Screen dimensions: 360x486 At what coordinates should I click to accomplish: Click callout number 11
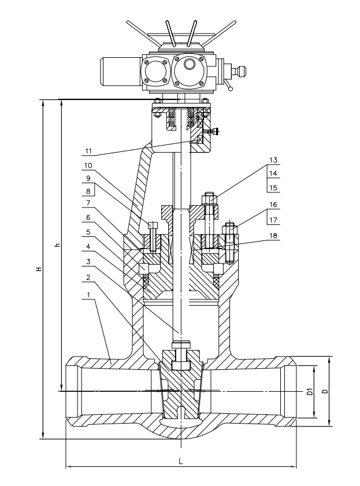click(88, 151)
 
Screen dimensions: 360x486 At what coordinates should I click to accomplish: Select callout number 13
click(273, 160)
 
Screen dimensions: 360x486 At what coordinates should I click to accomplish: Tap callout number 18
click(273, 236)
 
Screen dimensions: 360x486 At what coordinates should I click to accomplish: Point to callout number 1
click(88, 295)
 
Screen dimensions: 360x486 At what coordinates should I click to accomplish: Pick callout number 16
click(273, 205)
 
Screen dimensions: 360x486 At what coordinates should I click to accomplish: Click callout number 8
click(88, 191)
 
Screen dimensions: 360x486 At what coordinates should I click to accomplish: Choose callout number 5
click(88, 232)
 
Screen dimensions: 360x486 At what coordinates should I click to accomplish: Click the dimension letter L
click(181, 461)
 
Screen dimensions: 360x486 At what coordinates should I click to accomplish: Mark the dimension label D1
click(309, 391)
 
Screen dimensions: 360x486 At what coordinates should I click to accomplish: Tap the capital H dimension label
click(39, 269)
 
